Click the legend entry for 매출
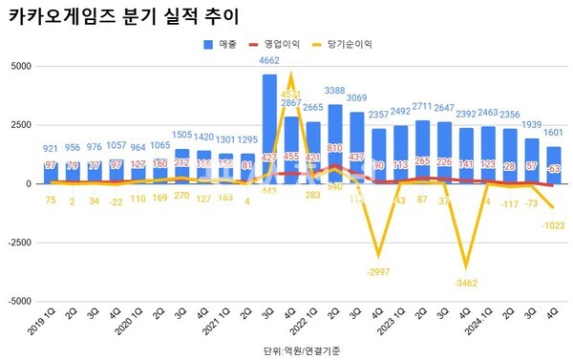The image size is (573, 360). point(221,44)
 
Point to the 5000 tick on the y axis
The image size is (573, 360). point(20,66)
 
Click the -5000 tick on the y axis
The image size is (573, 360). point(18,301)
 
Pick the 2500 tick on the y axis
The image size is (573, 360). point(20,125)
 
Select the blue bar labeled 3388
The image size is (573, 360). point(335,143)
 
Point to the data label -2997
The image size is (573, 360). point(379,272)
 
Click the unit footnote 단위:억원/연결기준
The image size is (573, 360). point(299,350)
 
